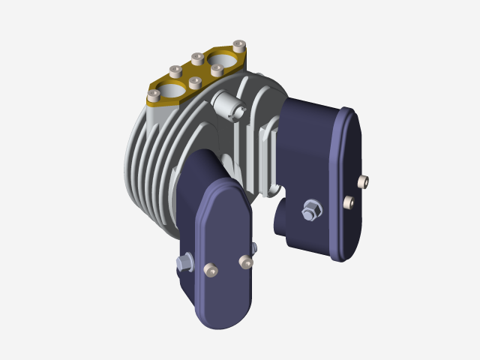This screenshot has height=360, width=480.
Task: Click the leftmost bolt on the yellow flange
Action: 154,95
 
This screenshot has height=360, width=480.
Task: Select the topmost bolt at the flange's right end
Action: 239,44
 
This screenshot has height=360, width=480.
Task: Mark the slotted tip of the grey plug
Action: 239,112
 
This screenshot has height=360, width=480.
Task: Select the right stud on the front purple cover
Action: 244,261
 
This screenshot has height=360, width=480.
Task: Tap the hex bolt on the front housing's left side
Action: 182,262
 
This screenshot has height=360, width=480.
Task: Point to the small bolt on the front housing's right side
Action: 255,247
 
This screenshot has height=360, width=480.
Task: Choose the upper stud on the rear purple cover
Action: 364,181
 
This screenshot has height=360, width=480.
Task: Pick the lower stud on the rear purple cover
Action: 348,202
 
